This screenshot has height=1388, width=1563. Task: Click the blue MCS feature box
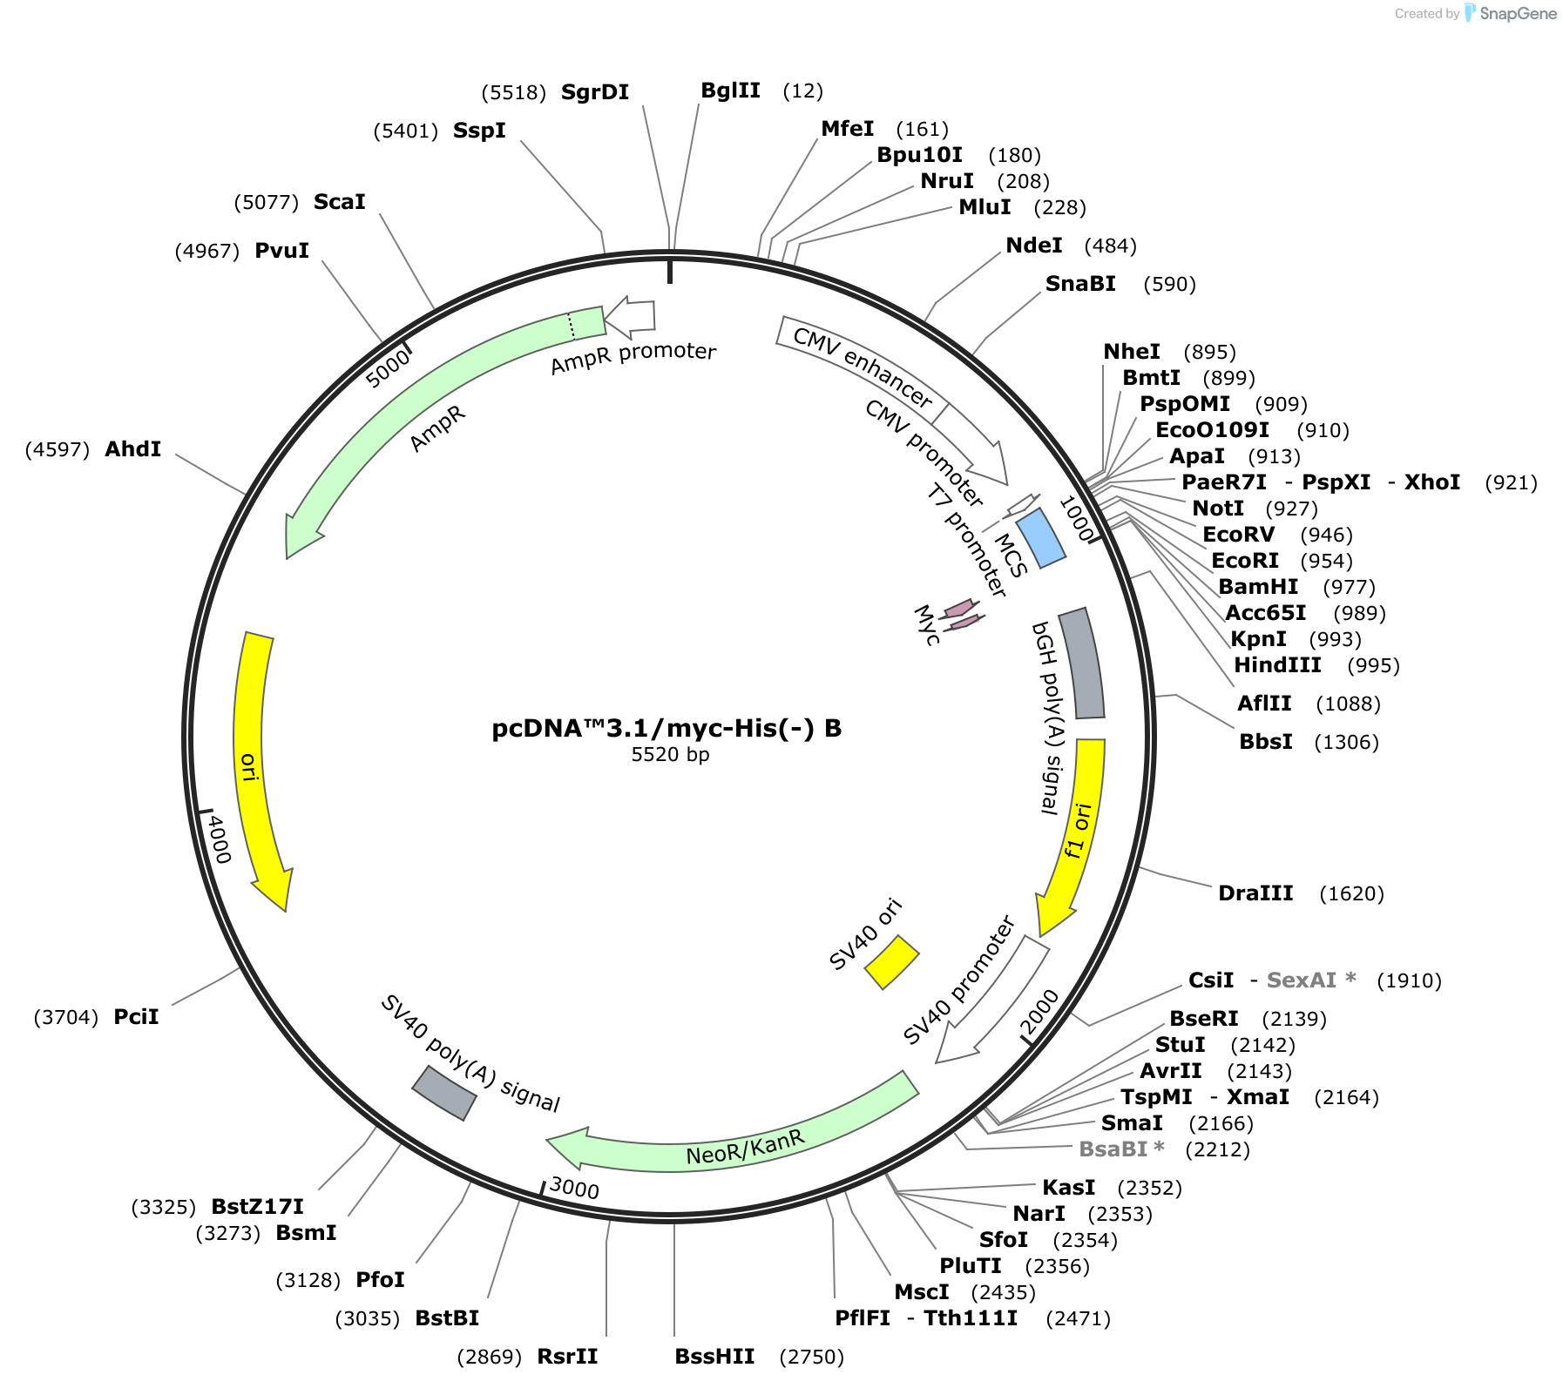coord(1041,538)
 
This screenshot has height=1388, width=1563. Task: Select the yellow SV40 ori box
coord(891,962)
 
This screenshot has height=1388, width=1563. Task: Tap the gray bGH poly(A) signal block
coord(1081,664)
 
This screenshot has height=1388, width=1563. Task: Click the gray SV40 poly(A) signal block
coord(444,1093)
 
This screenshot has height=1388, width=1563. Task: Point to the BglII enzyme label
coord(731,91)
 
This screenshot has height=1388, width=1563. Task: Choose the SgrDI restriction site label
coord(595,92)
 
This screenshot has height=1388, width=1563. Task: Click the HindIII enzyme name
coord(1277,665)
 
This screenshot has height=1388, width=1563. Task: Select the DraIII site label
coord(1255,893)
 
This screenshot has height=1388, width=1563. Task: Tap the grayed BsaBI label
coord(1121,1149)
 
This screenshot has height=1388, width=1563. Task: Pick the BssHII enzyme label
coord(715,1357)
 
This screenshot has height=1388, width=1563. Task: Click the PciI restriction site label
coord(136,1017)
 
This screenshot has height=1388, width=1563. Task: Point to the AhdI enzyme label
coord(133,449)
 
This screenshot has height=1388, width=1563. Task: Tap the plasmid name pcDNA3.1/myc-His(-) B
coord(667,728)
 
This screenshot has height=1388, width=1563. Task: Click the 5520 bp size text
coord(670,754)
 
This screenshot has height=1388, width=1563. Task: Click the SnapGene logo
coord(1511,13)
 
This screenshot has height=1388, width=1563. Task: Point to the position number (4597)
coord(58,450)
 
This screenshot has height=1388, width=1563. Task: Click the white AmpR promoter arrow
coord(629,317)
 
